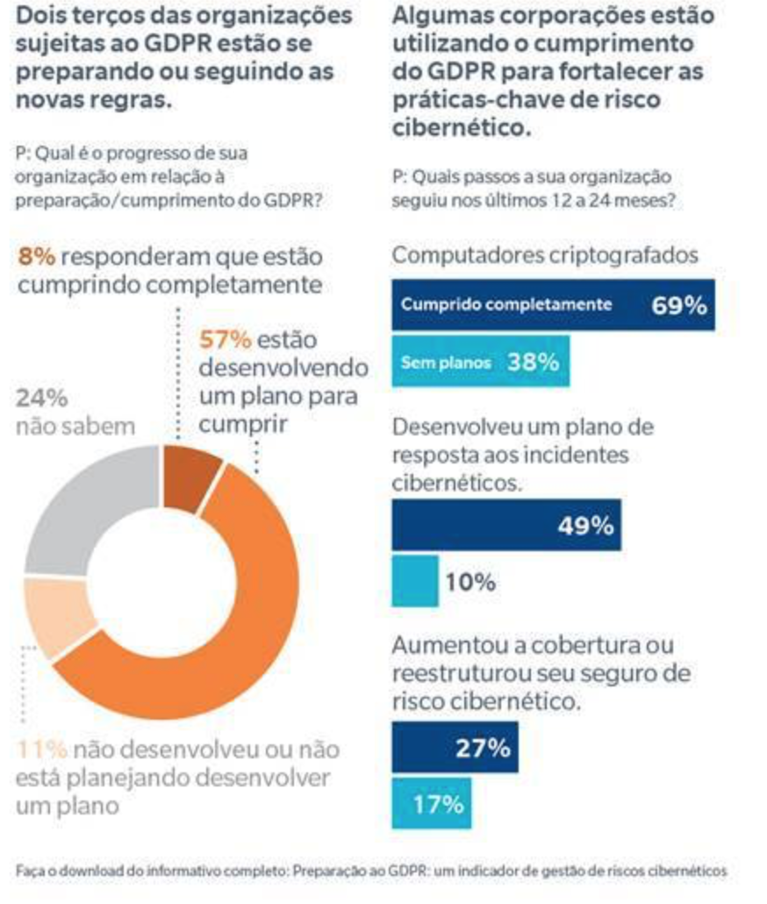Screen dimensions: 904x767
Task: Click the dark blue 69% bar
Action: coord(553,305)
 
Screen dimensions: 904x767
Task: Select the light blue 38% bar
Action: coord(480,361)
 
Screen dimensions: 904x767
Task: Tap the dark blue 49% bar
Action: coord(505,525)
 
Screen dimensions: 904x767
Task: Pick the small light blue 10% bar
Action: coord(414,581)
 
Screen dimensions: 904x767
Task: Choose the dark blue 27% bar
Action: coord(454,747)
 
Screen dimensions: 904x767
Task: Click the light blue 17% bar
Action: coord(431,803)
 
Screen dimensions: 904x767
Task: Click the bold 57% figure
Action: coord(225,339)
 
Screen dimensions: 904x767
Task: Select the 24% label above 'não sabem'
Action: coord(41,398)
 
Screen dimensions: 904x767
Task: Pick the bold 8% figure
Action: coord(36,256)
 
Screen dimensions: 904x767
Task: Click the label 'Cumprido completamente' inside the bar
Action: coord(505,305)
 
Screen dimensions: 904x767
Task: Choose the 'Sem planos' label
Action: coord(445,362)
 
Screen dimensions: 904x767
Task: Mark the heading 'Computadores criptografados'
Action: coord(545,255)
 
